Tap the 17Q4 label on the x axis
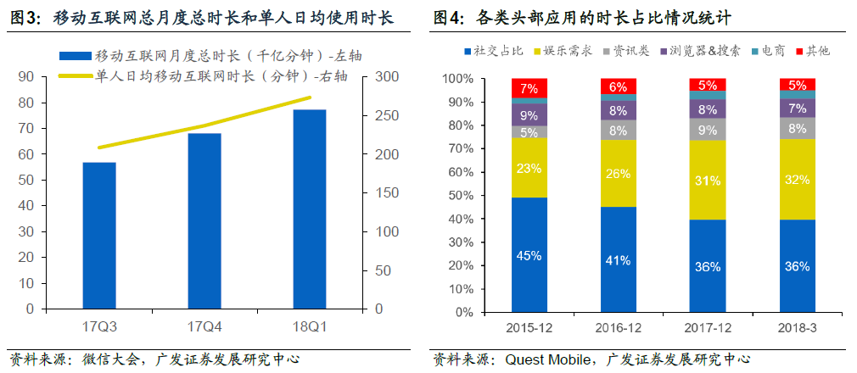(x=204, y=326)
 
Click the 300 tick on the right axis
(x=387, y=77)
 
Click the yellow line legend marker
(x=76, y=76)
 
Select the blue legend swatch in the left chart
(x=76, y=56)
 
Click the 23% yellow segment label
(x=529, y=168)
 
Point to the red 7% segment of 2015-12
(x=529, y=88)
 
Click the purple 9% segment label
(x=529, y=115)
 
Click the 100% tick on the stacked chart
(x=463, y=79)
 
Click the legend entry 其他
(x=817, y=51)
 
